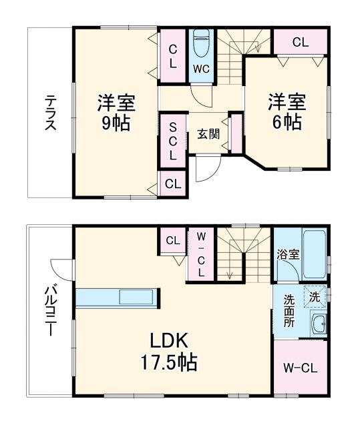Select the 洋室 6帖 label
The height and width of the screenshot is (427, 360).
coord(287,112)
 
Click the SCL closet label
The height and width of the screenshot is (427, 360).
coord(172,140)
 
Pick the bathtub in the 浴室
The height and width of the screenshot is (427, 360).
coord(313,256)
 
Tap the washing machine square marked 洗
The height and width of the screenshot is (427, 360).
coord(313,294)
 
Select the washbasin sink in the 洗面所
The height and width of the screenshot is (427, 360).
coord(319,324)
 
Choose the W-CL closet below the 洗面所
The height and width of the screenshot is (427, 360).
coord(300,368)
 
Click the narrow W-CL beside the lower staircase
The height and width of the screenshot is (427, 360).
coord(200,254)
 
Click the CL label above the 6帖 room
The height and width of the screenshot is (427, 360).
coord(300,41)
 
